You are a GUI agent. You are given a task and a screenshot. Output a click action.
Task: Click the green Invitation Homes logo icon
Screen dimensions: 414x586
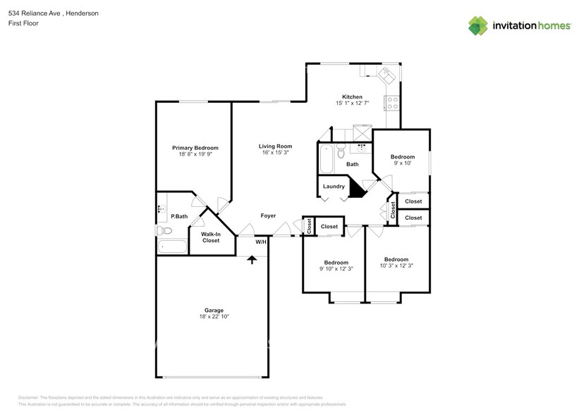tap(479, 25)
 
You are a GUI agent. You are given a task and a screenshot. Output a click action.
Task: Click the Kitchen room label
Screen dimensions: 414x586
tap(352, 96)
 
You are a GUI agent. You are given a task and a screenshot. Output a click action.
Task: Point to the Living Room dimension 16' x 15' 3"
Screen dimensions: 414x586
tap(274, 152)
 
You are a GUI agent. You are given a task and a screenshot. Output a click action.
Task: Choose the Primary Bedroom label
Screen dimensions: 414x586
tap(195, 148)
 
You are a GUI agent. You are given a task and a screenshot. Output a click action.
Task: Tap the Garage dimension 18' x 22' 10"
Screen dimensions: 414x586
tap(214, 317)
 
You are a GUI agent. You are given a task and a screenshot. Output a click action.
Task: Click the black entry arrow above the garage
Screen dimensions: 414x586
tap(251, 259)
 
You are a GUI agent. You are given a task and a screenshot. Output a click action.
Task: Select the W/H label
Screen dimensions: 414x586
tap(260, 242)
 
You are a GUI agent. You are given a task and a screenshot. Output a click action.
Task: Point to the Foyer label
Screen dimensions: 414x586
tap(268, 215)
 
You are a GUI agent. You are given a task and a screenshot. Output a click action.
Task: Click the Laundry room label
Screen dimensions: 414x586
tap(334, 187)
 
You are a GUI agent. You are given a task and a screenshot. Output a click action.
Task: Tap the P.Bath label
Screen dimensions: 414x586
tap(179, 216)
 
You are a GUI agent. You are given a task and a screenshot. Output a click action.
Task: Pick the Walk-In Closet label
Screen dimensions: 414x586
tap(210, 237)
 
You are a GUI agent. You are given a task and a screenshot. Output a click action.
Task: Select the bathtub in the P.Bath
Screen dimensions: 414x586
tap(171, 246)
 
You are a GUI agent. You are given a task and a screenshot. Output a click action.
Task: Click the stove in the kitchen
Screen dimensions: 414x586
tap(392, 103)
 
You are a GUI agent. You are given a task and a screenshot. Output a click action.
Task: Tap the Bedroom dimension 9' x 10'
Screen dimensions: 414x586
tap(403, 163)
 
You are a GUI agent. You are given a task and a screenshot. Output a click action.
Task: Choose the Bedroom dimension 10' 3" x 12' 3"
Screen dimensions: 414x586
tap(396, 265)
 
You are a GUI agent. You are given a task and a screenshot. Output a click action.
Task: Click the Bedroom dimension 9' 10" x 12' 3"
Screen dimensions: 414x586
tap(336, 268)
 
